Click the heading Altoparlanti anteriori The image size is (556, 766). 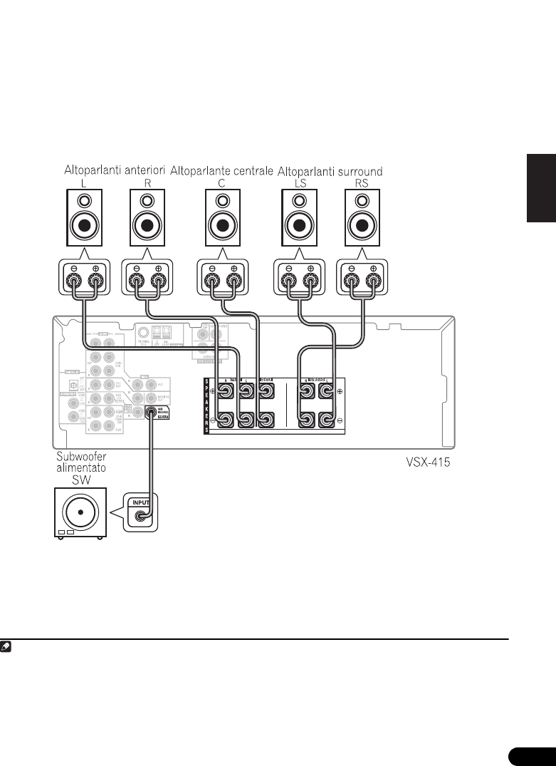pos(115,171)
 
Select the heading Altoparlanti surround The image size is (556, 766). pos(330,171)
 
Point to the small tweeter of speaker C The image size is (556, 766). pos(221,200)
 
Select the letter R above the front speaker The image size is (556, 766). pos(147,183)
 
